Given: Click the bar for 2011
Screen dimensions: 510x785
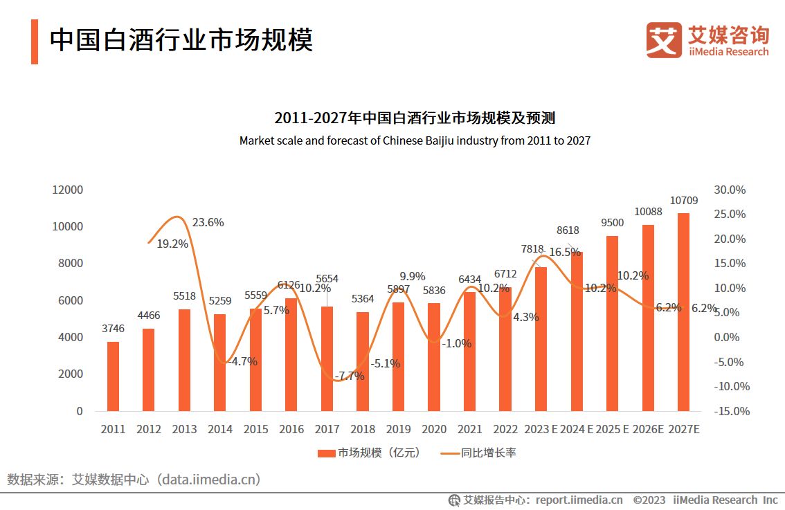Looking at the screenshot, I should pyautogui.click(x=113, y=376).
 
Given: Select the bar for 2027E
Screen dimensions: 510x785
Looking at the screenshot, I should pyautogui.click(x=683, y=312).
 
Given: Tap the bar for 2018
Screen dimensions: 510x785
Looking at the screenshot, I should pyautogui.click(x=363, y=361).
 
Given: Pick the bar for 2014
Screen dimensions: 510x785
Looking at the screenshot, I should pyautogui.click(x=220, y=363).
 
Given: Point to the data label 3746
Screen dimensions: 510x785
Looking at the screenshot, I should pyautogui.click(x=113, y=329).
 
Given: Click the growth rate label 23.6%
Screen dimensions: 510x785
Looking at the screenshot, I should pyautogui.click(x=208, y=223).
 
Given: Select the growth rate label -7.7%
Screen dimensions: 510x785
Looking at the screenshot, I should pyautogui.click(x=349, y=376).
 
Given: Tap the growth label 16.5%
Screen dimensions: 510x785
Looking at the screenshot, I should pyautogui.click(x=565, y=253).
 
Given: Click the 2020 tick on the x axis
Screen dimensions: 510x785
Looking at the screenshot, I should pyautogui.click(x=434, y=430).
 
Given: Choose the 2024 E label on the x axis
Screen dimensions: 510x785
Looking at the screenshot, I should pyautogui.click(x=577, y=430).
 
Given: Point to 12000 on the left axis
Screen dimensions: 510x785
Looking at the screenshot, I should pyautogui.click(x=69, y=190).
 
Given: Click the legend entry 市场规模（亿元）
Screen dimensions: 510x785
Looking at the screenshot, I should pyautogui.click(x=369, y=453).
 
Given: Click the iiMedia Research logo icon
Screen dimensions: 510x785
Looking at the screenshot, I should pyautogui.click(x=664, y=39).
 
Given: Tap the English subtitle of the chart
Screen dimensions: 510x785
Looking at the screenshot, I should pyautogui.click(x=415, y=140).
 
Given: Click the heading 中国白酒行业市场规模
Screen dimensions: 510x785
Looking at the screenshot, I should pyautogui.click(x=181, y=40).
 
